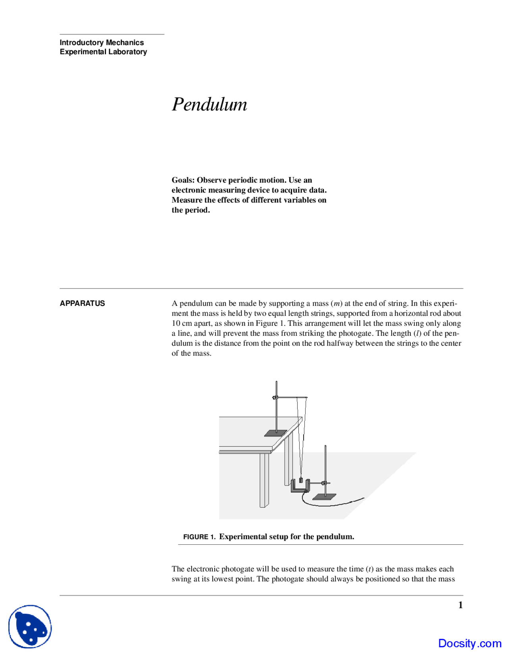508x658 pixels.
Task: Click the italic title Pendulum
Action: (x=209, y=105)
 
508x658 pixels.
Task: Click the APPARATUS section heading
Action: (x=82, y=303)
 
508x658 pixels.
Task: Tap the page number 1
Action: (x=460, y=605)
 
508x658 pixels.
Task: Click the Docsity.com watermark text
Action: (x=470, y=643)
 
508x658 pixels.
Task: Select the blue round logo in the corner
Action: (x=30, y=627)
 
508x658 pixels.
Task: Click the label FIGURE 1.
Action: (x=199, y=537)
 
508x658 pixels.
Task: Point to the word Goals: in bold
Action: (x=183, y=180)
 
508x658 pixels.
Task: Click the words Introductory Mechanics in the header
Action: (x=102, y=43)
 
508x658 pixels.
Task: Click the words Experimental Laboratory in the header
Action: (x=103, y=52)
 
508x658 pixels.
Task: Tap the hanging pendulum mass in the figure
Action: (x=301, y=480)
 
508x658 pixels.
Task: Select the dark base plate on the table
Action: (x=275, y=433)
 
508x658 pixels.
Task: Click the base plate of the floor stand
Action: (x=324, y=497)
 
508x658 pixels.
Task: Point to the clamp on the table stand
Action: (x=275, y=397)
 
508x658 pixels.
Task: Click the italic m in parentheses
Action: (x=337, y=303)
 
